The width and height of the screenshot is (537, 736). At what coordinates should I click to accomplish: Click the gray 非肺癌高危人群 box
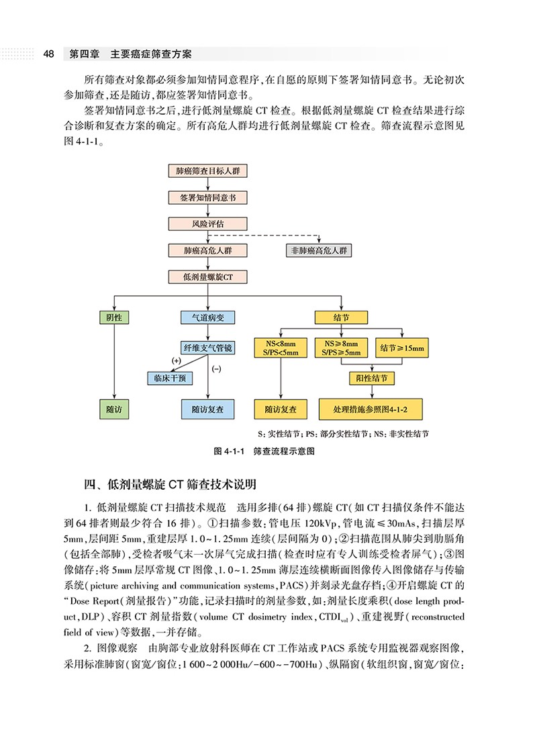(x=319, y=250)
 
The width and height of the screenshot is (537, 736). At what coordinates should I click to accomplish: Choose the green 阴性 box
(x=114, y=317)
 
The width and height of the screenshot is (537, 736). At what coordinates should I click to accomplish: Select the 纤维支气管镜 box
(x=207, y=348)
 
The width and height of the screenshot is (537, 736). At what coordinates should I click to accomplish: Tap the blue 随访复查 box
(x=207, y=409)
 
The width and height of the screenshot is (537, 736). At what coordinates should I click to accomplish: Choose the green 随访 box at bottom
(x=114, y=409)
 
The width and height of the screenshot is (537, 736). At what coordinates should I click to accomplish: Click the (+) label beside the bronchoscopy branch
(x=177, y=361)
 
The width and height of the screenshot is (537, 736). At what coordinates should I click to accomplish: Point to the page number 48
(x=48, y=54)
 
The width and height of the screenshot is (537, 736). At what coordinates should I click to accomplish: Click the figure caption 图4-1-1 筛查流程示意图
(x=263, y=452)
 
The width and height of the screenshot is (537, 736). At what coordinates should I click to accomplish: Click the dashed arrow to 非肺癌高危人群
(x=282, y=236)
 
